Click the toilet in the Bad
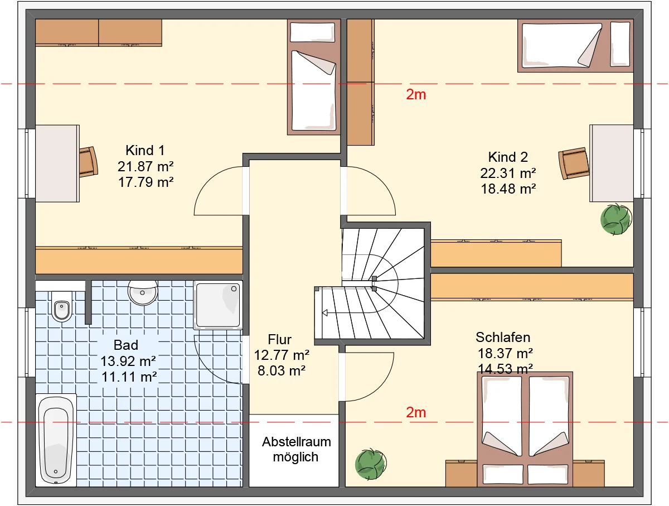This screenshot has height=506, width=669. pyautogui.click(x=62, y=306)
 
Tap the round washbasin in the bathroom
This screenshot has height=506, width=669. pyautogui.click(x=143, y=292)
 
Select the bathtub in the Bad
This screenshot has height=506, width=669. pyautogui.click(x=56, y=440)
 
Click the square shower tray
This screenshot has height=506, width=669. pyautogui.click(x=218, y=305)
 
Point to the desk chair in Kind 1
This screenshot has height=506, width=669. pyautogui.click(x=89, y=162)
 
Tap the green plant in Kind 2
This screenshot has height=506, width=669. pyautogui.click(x=616, y=219)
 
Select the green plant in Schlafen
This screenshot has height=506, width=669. pyautogui.click(x=371, y=464)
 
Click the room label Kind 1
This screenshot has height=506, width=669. pyautogui.click(x=145, y=151)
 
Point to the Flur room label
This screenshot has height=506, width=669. pyautogui.click(x=279, y=339)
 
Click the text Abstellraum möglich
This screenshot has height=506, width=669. pyautogui.click(x=296, y=449)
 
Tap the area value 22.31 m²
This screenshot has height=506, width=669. pyautogui.click(x=508, y=174)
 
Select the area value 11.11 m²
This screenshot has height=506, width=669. pyautogui.click(x=129, y=377)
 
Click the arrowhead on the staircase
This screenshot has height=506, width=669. pyautogui.click(x=325, y=313)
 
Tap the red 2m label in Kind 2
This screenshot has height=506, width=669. pyautogui.click(x=416, y=94)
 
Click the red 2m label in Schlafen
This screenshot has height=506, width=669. pyautogui.click(x=416, y=412)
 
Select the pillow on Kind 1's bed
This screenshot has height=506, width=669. pyautogui.click(x=312, y=32)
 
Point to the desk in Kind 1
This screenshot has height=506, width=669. pyautogui.click(x=57, y=163)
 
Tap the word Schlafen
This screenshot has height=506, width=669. pyautogui.click(x=503, y=338)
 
